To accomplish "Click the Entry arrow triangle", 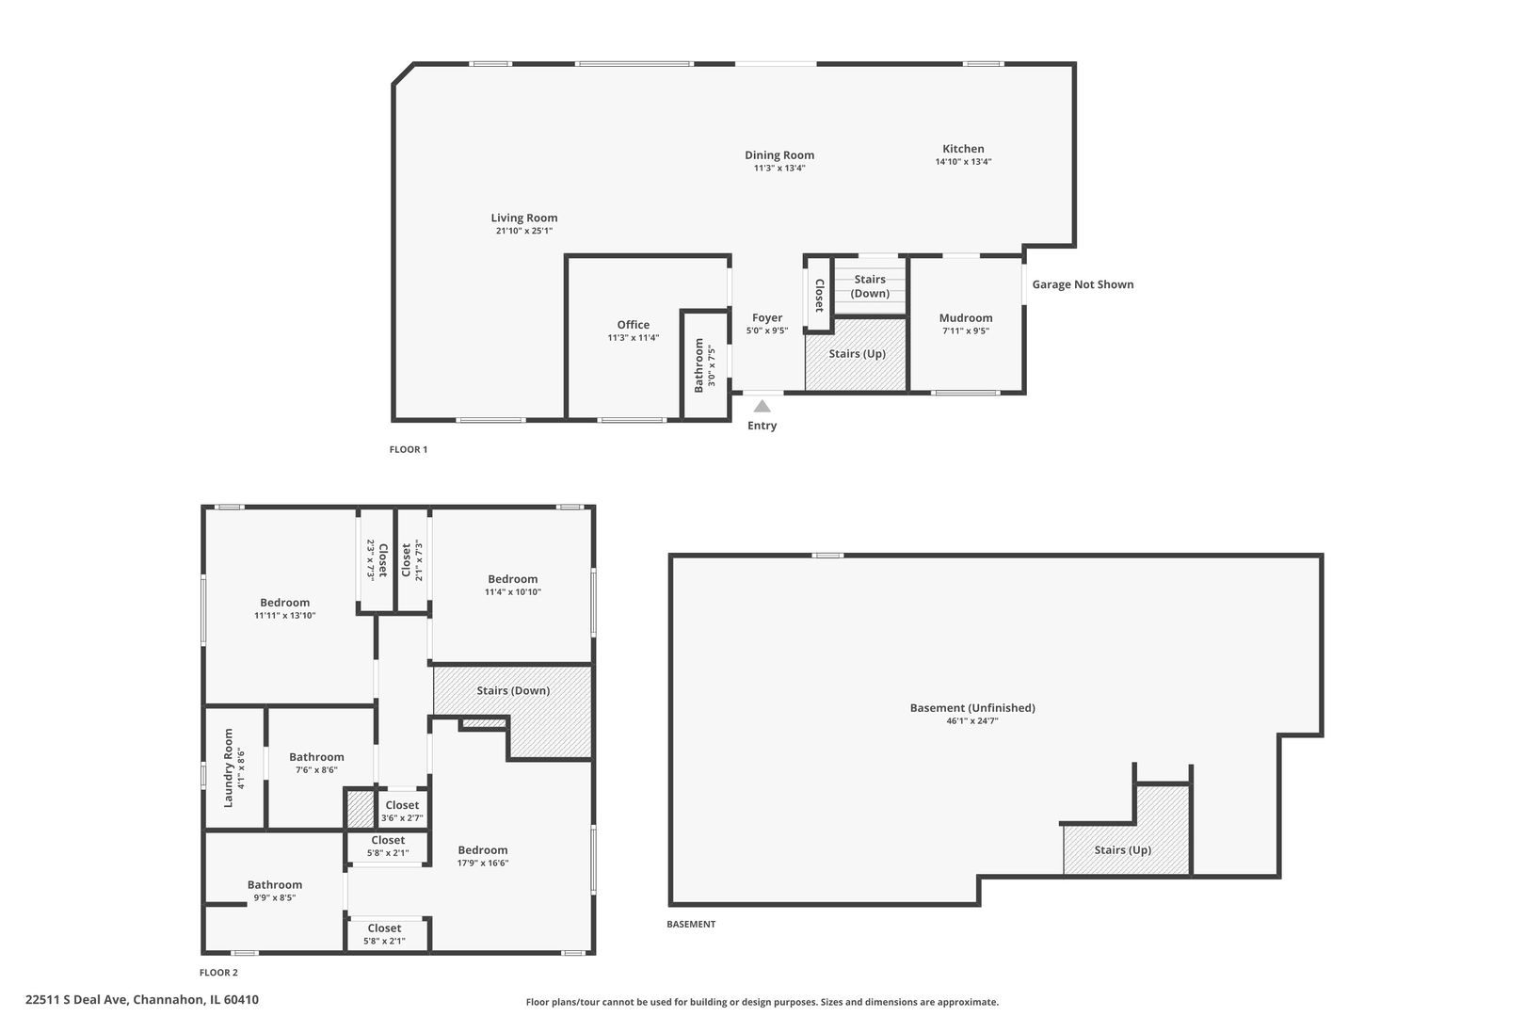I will tap(762, 406).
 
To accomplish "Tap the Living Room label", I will tap(523, 218).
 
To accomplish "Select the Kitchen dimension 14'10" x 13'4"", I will tap(963, 162).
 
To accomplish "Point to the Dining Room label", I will tap(779, 155).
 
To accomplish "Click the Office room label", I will tap(633, 325).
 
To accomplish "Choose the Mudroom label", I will tap(965, 318).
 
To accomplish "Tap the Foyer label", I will tap(766, 318).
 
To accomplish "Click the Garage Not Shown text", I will tap(1083, 284).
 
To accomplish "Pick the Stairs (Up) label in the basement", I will tap(1122, 850).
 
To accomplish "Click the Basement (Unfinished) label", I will tap(971, 708).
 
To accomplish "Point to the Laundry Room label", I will tap(228, 767).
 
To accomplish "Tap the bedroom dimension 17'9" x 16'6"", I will tap(482, 863).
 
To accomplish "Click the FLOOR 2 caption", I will tap(218, 973).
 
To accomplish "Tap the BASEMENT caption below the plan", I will tap(691, 924).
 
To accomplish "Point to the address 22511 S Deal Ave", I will tap(141, 1000).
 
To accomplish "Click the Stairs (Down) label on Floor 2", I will tap(512, 690).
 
